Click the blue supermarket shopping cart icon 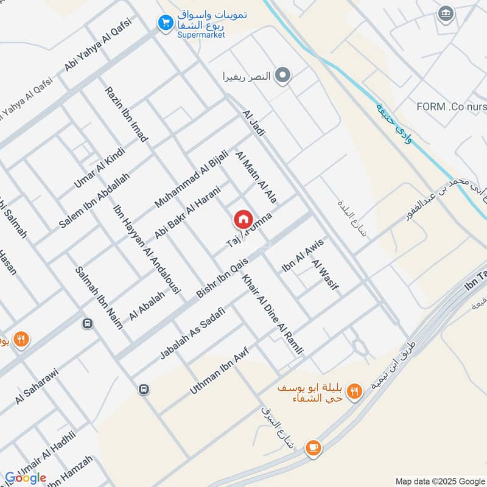coord(164,23)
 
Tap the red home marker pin coord(243,219)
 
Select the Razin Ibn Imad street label coord(126,114)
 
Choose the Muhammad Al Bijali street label coord(191,177)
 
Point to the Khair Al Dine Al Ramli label coord(272,315)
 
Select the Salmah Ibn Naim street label coord(99,298)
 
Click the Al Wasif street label coord(324,275)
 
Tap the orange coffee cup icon coord(314,447)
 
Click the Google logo coord(25,477)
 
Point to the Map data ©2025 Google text coord(440,480)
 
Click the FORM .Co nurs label coord(451,107)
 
